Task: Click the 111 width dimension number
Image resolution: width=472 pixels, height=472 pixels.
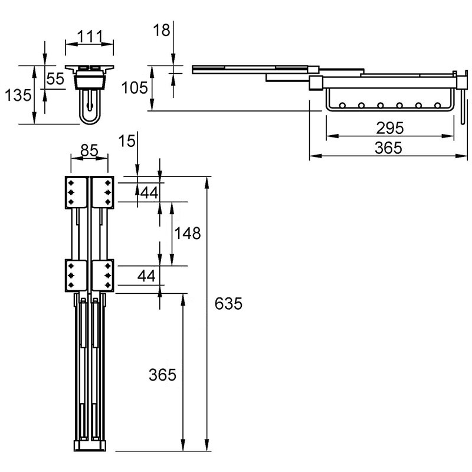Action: [x=90, y=37]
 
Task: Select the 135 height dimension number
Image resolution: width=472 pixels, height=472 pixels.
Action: [x=18, y=95]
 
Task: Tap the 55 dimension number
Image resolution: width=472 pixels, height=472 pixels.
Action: [x=55, y=79]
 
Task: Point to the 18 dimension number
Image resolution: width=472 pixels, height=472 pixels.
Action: [x=161, y=30]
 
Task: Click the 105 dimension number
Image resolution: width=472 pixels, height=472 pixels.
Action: [x=135, y=88]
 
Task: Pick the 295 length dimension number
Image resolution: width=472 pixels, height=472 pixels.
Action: [x=390, y=128]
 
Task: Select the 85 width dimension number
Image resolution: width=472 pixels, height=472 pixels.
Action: [x=90, y=150]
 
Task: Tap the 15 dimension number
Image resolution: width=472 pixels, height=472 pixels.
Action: [x=127, y=141]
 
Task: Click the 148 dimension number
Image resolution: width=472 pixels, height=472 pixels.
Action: [x=188, y=233]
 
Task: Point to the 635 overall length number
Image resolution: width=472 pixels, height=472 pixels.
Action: [x=228, y=303]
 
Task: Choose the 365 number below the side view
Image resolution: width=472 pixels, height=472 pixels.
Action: [x=388, y=148]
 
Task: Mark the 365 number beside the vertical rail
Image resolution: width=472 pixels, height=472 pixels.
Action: [x=162, y=375]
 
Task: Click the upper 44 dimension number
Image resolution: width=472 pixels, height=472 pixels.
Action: [x=149, y=193]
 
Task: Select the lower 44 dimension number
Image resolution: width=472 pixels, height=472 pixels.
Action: [x=146, y=276]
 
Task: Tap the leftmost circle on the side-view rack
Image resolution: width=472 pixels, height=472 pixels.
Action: [x=342, y=106]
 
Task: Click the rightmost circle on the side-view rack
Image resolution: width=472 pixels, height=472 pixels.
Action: [x=438, y=106]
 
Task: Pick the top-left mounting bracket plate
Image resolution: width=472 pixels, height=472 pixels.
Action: [x=77, y=192]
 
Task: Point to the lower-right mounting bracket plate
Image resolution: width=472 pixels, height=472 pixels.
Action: [x=103, y=276]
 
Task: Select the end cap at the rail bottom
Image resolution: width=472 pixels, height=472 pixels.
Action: [x=90, y=446]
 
